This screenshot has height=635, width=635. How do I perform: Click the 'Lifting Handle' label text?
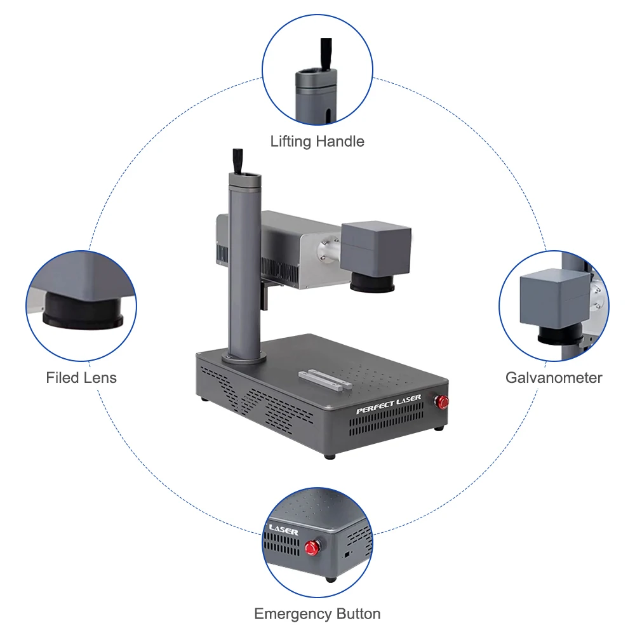(x=317, y=141)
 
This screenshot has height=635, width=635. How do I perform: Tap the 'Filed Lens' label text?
(x=81, y=378)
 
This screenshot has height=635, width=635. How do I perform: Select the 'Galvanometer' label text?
(x=554, y=378)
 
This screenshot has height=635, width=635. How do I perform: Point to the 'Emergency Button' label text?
(x=317, y=614)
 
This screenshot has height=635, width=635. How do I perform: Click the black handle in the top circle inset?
(x=326, y=54)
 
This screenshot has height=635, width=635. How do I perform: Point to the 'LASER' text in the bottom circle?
(x=283, y=528)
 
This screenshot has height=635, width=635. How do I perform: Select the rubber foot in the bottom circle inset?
(x=330, y=578)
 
